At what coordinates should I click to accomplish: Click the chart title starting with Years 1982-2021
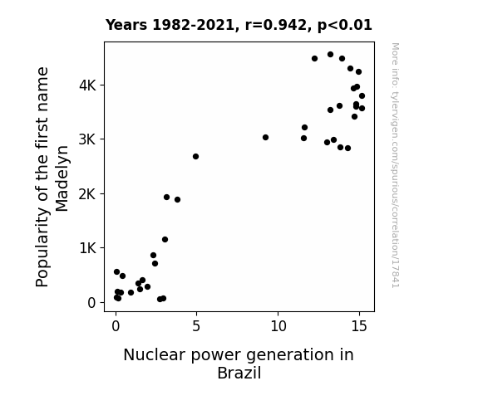[x=239, y=25]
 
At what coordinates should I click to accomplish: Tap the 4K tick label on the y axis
[x=87, y=85]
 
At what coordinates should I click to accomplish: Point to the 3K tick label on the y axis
[x=87, y=139]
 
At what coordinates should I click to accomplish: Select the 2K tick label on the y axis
[x=87, y=194]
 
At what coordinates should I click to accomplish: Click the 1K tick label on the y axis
[x=88, y=248]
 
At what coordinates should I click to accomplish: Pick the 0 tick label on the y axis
[x=91, y=303]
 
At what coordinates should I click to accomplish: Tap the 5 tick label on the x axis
[x=196, y=326]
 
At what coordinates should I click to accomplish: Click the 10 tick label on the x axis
[x=278, y=326]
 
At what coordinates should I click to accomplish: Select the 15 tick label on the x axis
[x=359, y=326]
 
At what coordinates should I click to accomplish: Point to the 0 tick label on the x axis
[x=116, y=326]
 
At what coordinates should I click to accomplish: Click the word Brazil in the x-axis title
[x=239, y=373]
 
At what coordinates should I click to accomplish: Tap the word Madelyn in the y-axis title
[x=62, y=178]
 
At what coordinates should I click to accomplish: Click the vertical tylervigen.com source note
[x=396, y=165]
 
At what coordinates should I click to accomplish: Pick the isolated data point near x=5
[x=195, y=157]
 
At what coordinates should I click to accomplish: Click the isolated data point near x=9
[x=265, y=137]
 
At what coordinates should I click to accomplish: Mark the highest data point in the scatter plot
[x=331, y=55]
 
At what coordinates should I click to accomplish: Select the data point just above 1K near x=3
[x=165, y=240]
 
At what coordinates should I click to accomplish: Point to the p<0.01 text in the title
[x=345, y=26]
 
